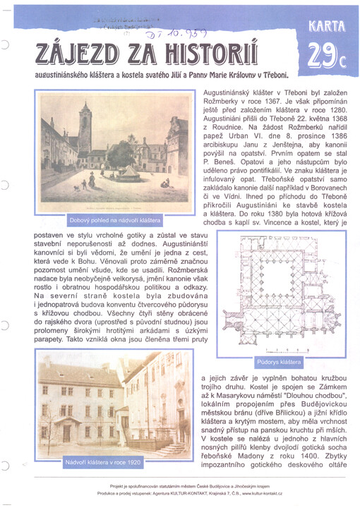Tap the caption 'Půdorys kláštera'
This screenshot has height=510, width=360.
(280, 362)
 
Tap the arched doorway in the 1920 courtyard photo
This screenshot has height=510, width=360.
(68, 431)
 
